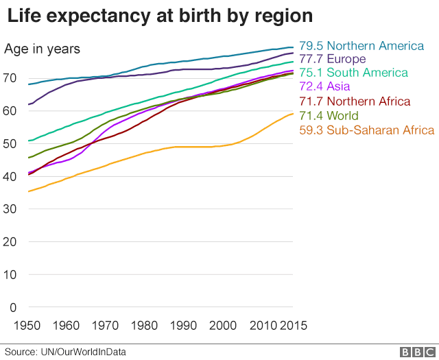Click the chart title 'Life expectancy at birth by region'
click(x=160, y=16)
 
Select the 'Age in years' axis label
click(x=43, y=49)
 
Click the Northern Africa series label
click(x=354, y=101)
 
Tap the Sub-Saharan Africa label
click(x=367, y=130)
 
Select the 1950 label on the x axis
click(x=28, y=324)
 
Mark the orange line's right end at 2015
click(x=294, y=114)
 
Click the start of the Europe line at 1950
click(x=29, y=105)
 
